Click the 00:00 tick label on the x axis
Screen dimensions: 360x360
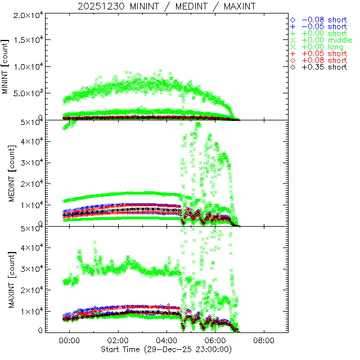point(70,340)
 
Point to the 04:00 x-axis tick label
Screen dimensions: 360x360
point(167,340)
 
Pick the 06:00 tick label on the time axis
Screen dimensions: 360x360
point(215,340)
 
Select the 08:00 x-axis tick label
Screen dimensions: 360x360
point(264,340)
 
